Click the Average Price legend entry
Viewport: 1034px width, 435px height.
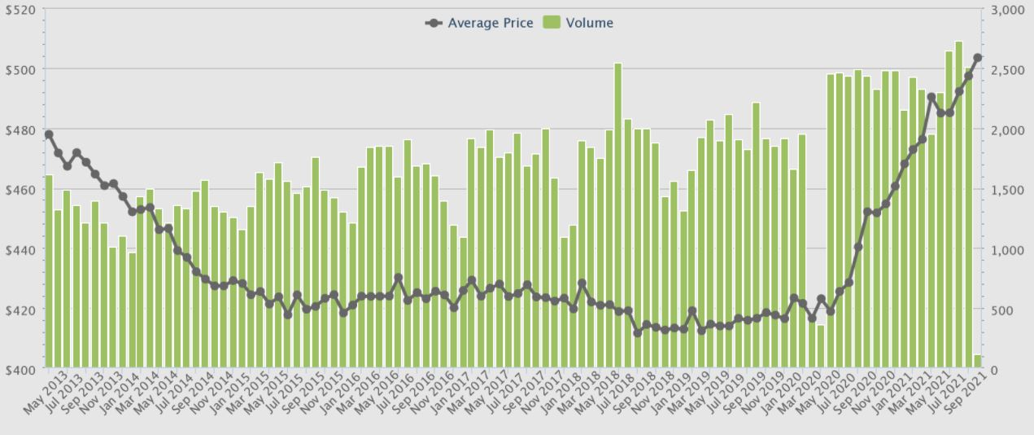pos(480,23)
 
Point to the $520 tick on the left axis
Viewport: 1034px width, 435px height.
pos(22,10)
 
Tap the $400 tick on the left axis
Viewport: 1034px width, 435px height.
pos(22,370)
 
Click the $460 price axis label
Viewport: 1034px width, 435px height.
pos(22,190)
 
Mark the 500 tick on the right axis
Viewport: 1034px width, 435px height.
pos(1001,310)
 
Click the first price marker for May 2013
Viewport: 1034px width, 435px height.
pos(49,134)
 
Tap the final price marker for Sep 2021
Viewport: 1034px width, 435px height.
pos(978,58)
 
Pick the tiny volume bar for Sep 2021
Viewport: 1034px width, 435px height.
pos(978,361)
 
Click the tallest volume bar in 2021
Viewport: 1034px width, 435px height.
pos(959,204)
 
